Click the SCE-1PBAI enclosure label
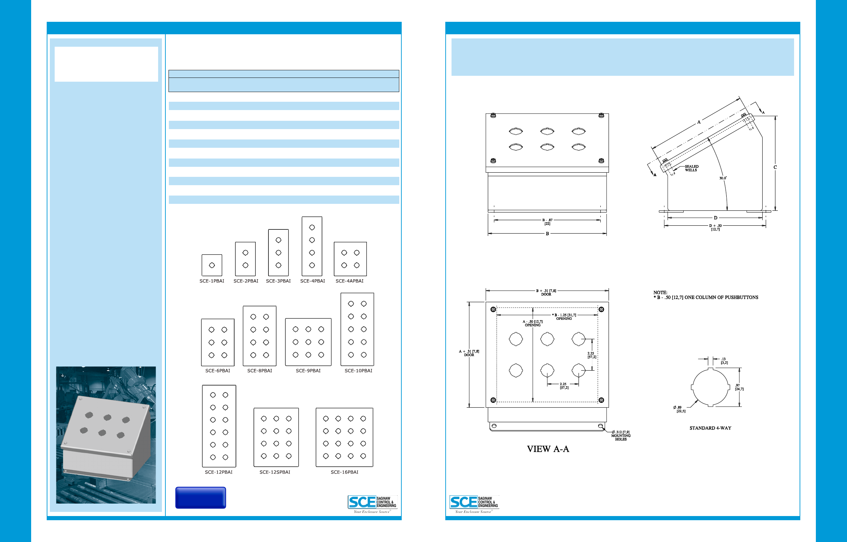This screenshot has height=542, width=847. [x=212, y=281]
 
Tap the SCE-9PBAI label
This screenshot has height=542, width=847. [x=308, y=371]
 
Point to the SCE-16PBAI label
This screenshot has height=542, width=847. [x=344, y=472]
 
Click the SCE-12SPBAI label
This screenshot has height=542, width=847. [x=275, y=472]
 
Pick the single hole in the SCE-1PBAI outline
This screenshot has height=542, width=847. [x=212, y=265]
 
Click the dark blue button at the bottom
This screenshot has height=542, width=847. [x=200, y=498]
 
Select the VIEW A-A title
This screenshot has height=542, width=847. [x=548, y=449]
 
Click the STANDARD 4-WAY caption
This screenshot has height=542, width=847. [x=710, y=428]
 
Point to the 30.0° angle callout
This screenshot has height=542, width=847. [x=723, y=178]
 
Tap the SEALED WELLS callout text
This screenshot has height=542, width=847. [x=691, y=168]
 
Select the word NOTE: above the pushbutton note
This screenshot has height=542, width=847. [x=660, y=292]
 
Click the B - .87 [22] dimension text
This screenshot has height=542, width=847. [x=547, y=222]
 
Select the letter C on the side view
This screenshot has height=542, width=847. [x=775, y=167]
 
